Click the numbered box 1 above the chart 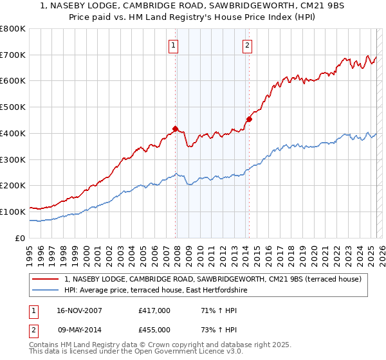174,45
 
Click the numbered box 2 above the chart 248,45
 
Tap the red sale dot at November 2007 176,128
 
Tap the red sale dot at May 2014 250,118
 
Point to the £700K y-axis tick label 13,55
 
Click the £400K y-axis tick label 13,133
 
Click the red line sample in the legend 46,279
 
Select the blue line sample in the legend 46,291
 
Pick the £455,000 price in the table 154,329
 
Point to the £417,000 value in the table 154,310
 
